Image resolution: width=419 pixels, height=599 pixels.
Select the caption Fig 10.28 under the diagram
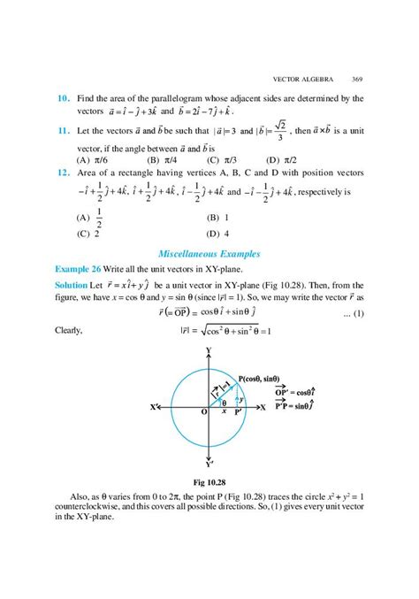pyautogui.click(x=209, y=483)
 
